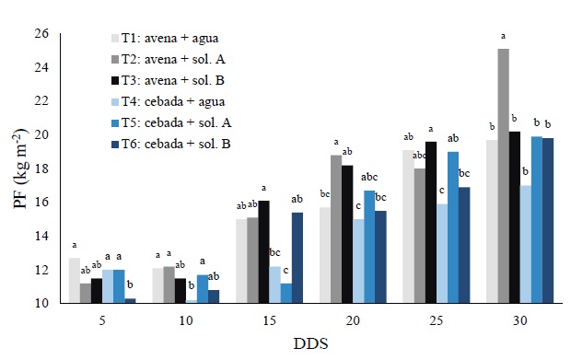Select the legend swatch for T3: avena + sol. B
(x=115, y=80)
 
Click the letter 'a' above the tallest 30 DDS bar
(x=503, y=37)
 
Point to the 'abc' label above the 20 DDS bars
(x=368, y=178)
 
